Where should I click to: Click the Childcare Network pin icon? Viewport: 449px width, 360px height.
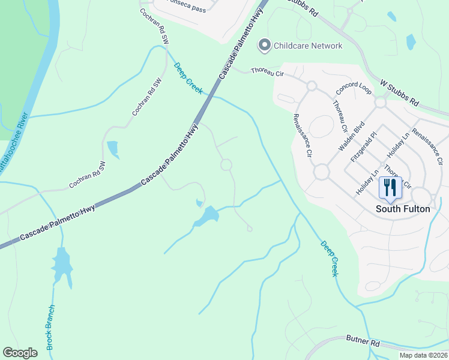tap(264, 45)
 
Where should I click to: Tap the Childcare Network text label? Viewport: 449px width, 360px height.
tap(308, 46)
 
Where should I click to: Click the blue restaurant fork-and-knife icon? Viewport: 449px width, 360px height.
tap(390, 187)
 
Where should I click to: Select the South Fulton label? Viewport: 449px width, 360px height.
tap(403, 209)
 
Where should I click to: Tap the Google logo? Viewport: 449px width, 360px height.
tap(20, 352)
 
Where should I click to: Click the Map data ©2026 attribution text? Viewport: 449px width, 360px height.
tap(423, 355)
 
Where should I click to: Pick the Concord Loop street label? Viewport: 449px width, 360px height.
tap(355, 88)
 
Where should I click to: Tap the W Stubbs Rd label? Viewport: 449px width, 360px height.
tap(400, 92)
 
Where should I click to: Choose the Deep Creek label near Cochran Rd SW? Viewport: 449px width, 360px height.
tap(188, 78)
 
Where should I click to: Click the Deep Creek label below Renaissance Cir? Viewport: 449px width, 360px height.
tap(330, 259)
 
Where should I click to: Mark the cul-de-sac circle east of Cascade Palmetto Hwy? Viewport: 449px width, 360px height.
tap(226, 164)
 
